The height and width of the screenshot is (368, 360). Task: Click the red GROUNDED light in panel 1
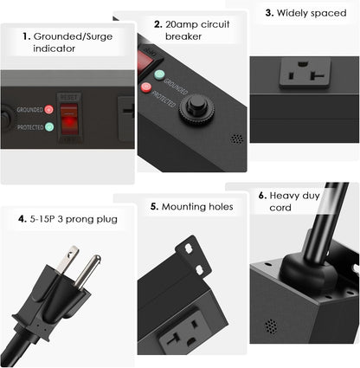48,110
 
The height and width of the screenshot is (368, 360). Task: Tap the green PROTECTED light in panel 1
48,126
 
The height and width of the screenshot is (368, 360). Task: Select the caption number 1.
27,36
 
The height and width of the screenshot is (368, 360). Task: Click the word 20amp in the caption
184,24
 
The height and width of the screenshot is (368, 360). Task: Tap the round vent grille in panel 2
235,138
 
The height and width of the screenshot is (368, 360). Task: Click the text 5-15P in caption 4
42,218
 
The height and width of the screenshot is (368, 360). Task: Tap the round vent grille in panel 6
270,326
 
